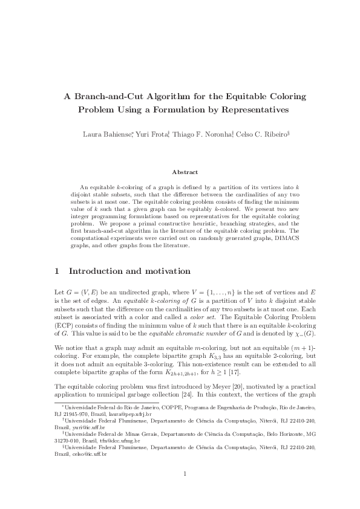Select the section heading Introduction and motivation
[x=130, y=271]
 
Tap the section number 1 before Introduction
[x=57, y=271]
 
